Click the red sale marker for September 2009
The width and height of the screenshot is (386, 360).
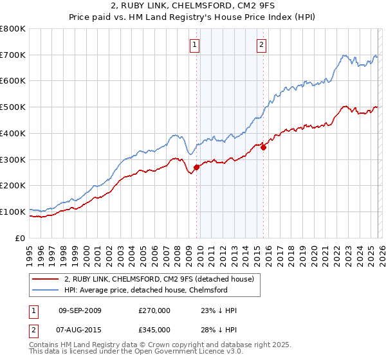point(196,167)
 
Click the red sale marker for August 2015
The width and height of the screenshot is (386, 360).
point(263,147)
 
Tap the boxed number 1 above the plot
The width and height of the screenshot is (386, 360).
point(194,44)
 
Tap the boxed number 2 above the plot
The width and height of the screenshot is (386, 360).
point(262,44)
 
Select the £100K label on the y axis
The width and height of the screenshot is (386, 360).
point(14,212)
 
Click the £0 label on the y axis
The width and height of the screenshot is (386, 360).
point(21,238)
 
